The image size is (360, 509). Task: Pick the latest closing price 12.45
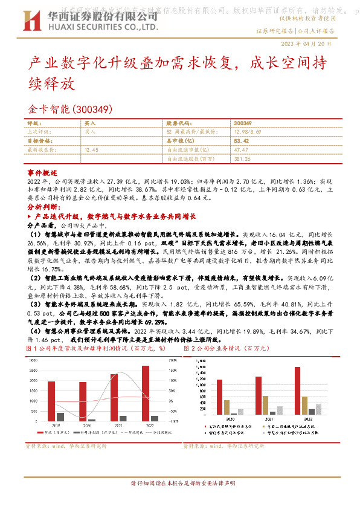tap(92, 149)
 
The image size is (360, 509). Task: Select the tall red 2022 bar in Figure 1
tap(146, 393)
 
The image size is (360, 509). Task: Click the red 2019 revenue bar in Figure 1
tap(51, 401)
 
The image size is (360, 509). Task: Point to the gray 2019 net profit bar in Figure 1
tap(60, 417)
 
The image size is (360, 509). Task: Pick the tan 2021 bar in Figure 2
tap(265, 404)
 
